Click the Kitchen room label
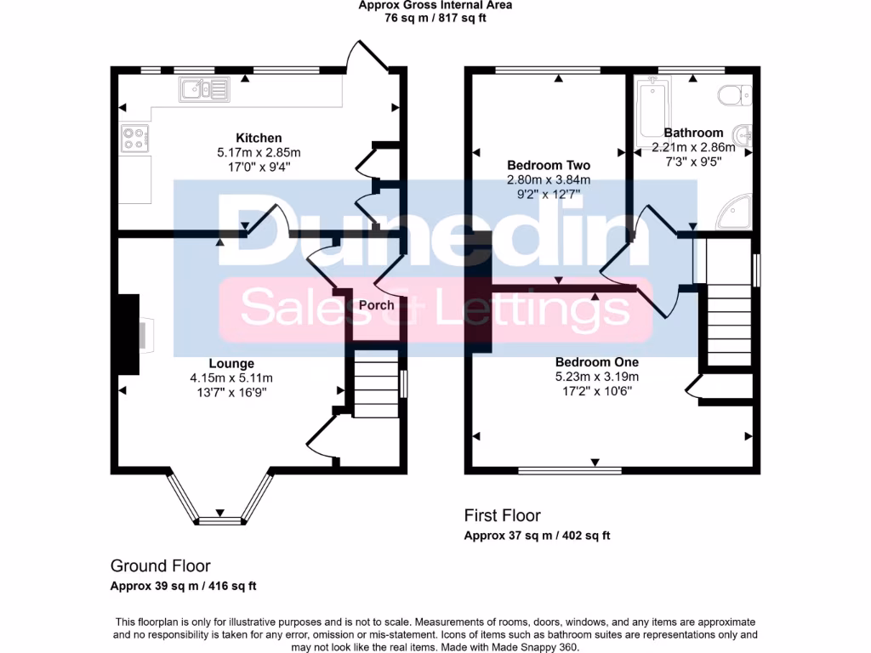259,138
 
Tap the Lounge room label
231,364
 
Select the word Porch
376,305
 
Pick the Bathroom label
693,133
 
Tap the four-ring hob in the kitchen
134,138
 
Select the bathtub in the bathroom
652,111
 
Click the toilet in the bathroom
732,94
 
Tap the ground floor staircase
375,384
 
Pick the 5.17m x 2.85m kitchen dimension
259,152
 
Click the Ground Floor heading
161,565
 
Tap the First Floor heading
502,515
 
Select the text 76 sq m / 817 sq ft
435,17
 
